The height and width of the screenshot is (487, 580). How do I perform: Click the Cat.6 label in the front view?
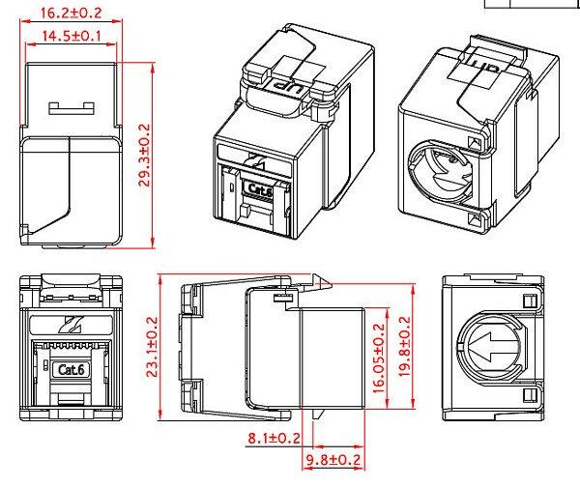[72, 369]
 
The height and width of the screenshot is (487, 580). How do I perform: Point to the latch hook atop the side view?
[320, 285]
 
